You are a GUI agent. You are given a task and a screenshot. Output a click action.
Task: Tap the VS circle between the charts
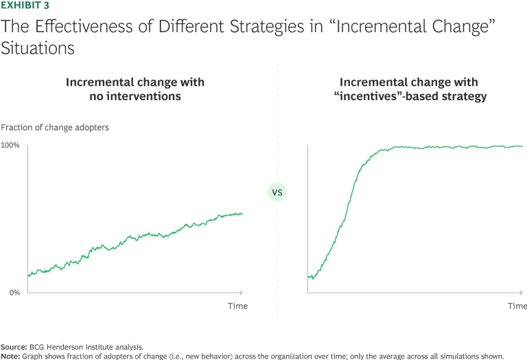point(277,193)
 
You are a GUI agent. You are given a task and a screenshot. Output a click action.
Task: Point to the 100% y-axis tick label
point(10,145)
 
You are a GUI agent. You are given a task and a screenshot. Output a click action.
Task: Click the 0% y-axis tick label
point(14,293)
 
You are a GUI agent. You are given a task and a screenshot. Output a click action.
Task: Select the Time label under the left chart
point(237,306)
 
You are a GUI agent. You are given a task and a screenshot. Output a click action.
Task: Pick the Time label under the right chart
point(517,306)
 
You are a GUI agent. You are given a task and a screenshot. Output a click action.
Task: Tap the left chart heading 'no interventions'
point(135,97)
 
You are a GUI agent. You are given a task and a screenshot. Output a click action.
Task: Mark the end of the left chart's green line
point(242,214)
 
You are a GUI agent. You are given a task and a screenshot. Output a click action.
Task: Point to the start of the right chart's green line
point(309,277)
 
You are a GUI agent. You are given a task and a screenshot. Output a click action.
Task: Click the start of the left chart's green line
point(28,276)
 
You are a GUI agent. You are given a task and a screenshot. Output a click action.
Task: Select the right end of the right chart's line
point(522,146)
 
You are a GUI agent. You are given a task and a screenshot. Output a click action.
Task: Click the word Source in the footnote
point(14,347)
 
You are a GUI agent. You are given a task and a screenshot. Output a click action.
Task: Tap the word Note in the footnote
point(11,356)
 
